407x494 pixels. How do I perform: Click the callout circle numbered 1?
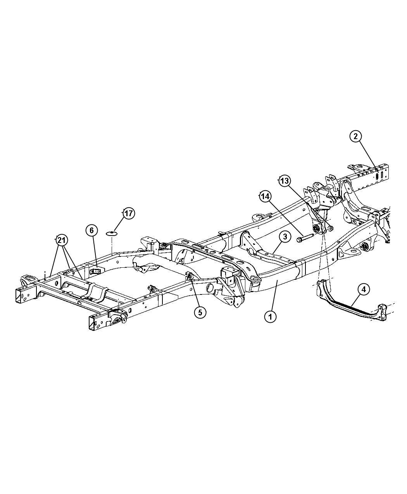(x=270, y=317)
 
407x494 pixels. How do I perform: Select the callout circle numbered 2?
(x=355, y=136)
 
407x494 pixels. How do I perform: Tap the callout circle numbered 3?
(x=285, y=236)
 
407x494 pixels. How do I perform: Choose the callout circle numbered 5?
(x=200, y=312)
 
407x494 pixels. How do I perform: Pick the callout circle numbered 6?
(x=91, y=231)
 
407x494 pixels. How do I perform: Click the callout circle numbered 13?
(x=285, y=181)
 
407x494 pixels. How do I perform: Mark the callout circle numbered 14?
(x=265, y=196)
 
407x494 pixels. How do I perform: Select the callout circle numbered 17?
(x=128, y=213)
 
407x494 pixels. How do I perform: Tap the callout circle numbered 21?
(x=61, y=241)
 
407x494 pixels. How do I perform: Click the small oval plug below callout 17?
(x=112, y=233)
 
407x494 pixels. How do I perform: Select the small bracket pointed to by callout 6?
(x=95, y=272)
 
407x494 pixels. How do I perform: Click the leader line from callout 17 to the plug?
(x=119, y=224)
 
